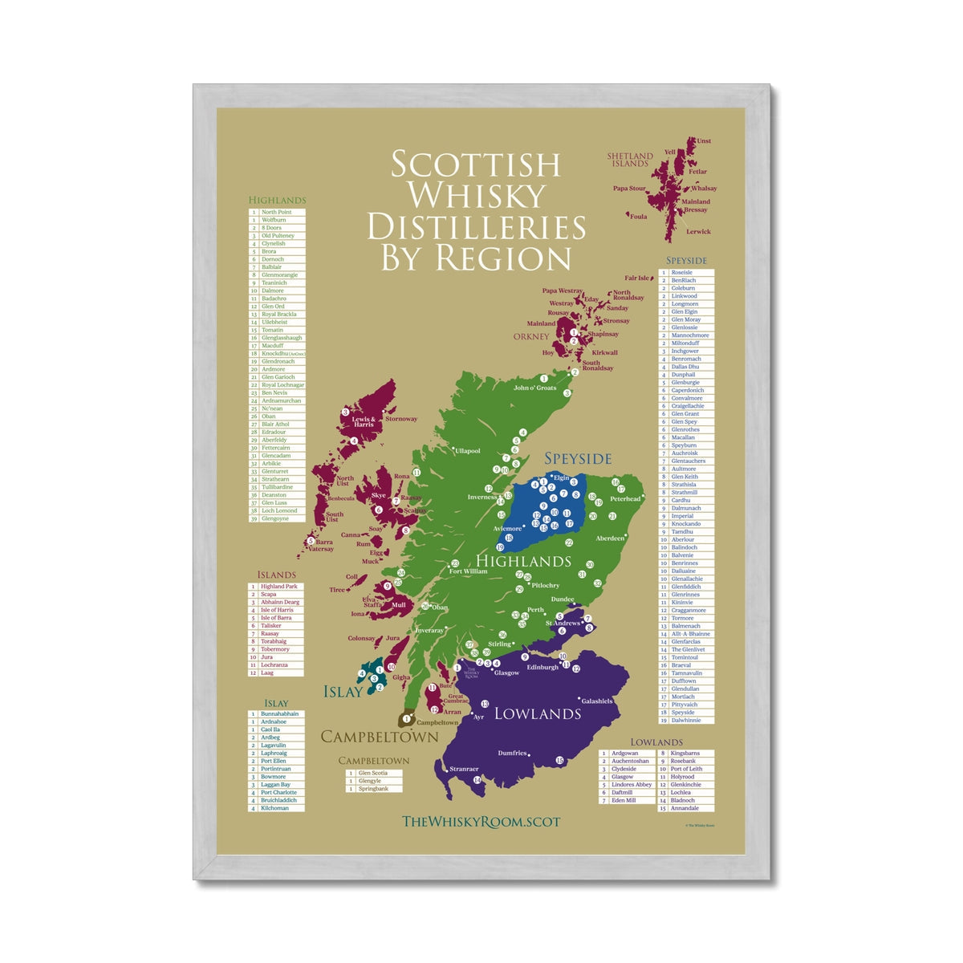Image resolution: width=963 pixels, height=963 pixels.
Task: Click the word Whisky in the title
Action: click(x=476, y=195)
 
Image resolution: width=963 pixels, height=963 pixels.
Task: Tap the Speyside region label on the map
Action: click(x=578, y=458)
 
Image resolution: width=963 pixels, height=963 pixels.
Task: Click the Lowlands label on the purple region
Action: click(x=537, y=713)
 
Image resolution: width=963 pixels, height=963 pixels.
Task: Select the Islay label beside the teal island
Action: click(x=343, y=692)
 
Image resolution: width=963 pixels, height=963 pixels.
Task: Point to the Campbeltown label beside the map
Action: click(x=380, y=737)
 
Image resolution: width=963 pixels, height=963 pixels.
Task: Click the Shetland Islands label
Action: click(x=630, y=160)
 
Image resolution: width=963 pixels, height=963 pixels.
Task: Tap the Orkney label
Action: click(x=531, y=336)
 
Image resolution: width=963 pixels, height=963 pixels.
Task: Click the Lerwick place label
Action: click(x=698, y=231)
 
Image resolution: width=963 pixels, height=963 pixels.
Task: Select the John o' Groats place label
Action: click(x=534, y=388)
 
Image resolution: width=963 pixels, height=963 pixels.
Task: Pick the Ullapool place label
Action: click(x=467, y=451)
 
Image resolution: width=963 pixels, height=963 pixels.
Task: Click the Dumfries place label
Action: click(x=512, y=753)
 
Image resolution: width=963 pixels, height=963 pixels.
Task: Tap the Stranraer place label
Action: click(x=464, y=769)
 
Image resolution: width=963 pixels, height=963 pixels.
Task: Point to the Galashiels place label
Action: click(x=596, y=701)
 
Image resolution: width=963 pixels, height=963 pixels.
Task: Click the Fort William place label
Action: click(x=468, y=571)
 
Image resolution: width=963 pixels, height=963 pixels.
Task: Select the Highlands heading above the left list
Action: click(x=277, y=201)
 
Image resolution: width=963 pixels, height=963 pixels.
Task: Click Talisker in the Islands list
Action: click(x=271, y=626)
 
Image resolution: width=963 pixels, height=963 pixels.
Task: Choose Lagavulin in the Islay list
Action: click(x=274, y=746)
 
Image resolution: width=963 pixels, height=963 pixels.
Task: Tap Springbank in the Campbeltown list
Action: click(x=373, y=789)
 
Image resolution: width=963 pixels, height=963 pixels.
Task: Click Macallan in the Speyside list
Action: click(x=683, y=437)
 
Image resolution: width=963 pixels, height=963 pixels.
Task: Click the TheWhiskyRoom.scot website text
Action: click(x=481, y=821)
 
